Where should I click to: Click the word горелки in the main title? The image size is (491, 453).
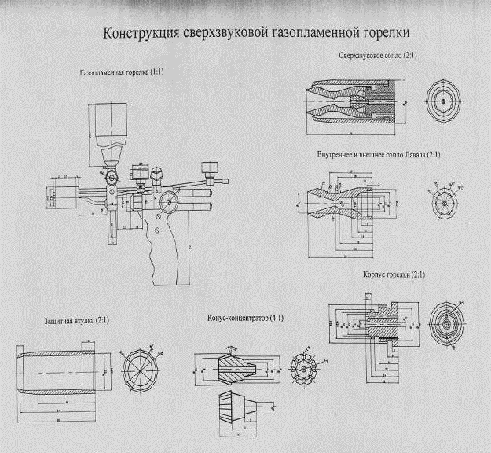(387, 35)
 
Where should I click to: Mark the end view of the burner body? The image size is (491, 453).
(449, 322)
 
